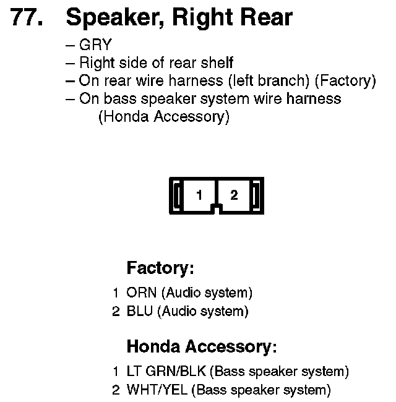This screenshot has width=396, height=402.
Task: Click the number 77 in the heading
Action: pos(28,19)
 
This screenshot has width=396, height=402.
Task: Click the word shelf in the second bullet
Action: pos(216,63)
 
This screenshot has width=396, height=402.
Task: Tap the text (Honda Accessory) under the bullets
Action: pos(163,117)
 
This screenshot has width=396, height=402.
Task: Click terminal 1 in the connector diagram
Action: pos(199,195)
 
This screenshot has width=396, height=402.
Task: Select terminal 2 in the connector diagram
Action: pos(234,195)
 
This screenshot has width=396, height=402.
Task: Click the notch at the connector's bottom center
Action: pos(216,209)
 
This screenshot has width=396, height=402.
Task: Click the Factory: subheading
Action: pos(160,268)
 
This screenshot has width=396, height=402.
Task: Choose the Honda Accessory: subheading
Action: pos(201,346)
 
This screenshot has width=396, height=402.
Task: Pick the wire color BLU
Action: pos(139,312)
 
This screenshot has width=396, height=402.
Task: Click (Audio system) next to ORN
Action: pos(207,293)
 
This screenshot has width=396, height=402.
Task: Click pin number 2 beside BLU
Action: pos(116,312)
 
